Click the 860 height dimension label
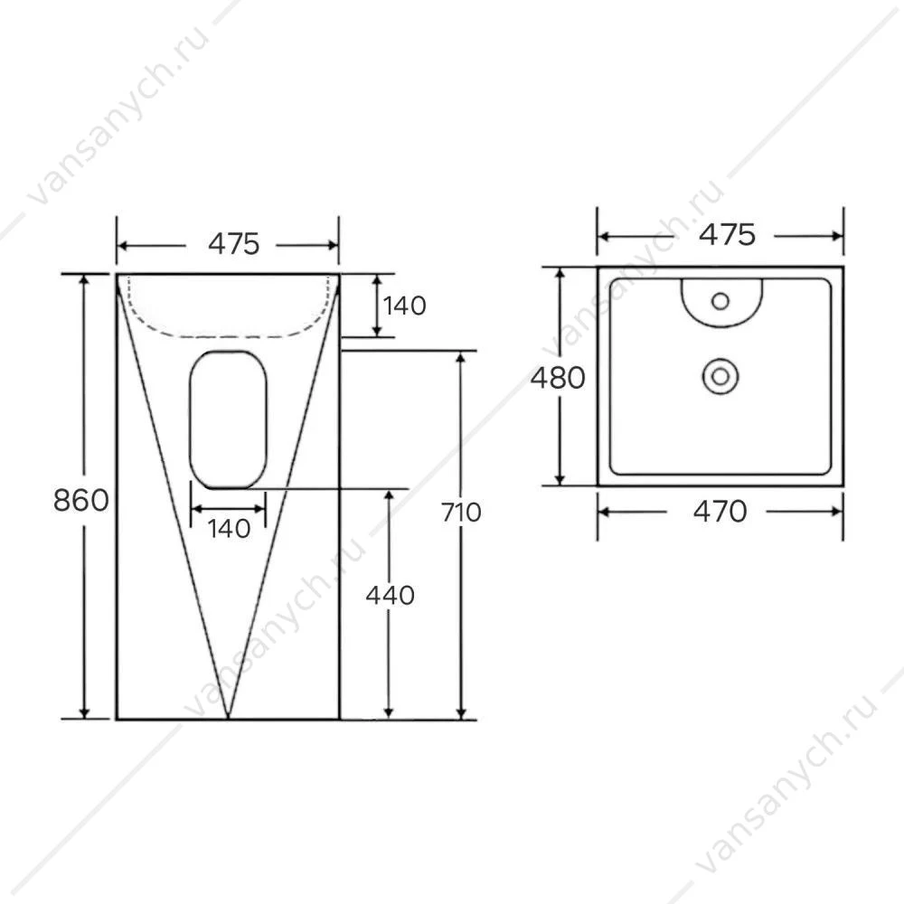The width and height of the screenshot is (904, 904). point(80,500)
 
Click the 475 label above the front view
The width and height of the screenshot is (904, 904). point(233,244)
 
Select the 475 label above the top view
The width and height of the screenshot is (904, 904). point(727,235)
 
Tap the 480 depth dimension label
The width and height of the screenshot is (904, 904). point(558,378)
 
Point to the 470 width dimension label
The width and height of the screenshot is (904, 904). point(720,512)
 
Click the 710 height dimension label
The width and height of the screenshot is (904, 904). point(461,512)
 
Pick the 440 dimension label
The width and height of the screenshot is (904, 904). point(391,595)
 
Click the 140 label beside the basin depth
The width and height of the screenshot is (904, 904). point(404,306)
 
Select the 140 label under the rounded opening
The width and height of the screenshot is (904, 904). point(229,529)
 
